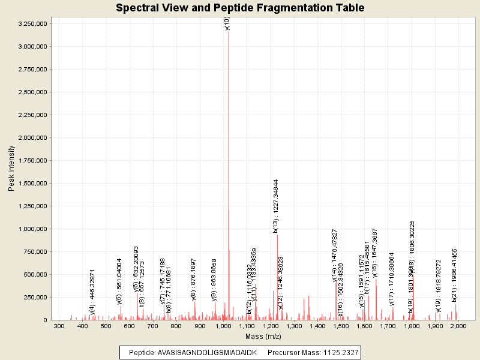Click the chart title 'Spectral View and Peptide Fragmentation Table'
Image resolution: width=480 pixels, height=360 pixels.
[240, 8]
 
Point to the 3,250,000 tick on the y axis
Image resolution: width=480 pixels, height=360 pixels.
[33, 23]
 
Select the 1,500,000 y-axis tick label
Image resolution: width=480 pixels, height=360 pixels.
[33, 183]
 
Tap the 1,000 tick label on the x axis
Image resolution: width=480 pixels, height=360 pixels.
[223, 326]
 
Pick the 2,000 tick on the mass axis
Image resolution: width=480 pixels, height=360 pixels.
[458, 326]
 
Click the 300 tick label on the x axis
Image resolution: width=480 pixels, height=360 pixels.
[59, 326]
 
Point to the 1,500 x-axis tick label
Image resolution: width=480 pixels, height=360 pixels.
[341, 326]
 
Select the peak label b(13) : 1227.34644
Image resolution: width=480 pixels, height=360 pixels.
[276, 206]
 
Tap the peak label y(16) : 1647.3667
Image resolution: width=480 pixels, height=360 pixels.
[375, 253]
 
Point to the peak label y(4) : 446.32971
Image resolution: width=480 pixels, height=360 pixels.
[92, 292]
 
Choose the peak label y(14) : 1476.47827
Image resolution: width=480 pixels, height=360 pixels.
[335, 254]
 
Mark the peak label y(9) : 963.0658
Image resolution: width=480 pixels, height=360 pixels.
[214, 280]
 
